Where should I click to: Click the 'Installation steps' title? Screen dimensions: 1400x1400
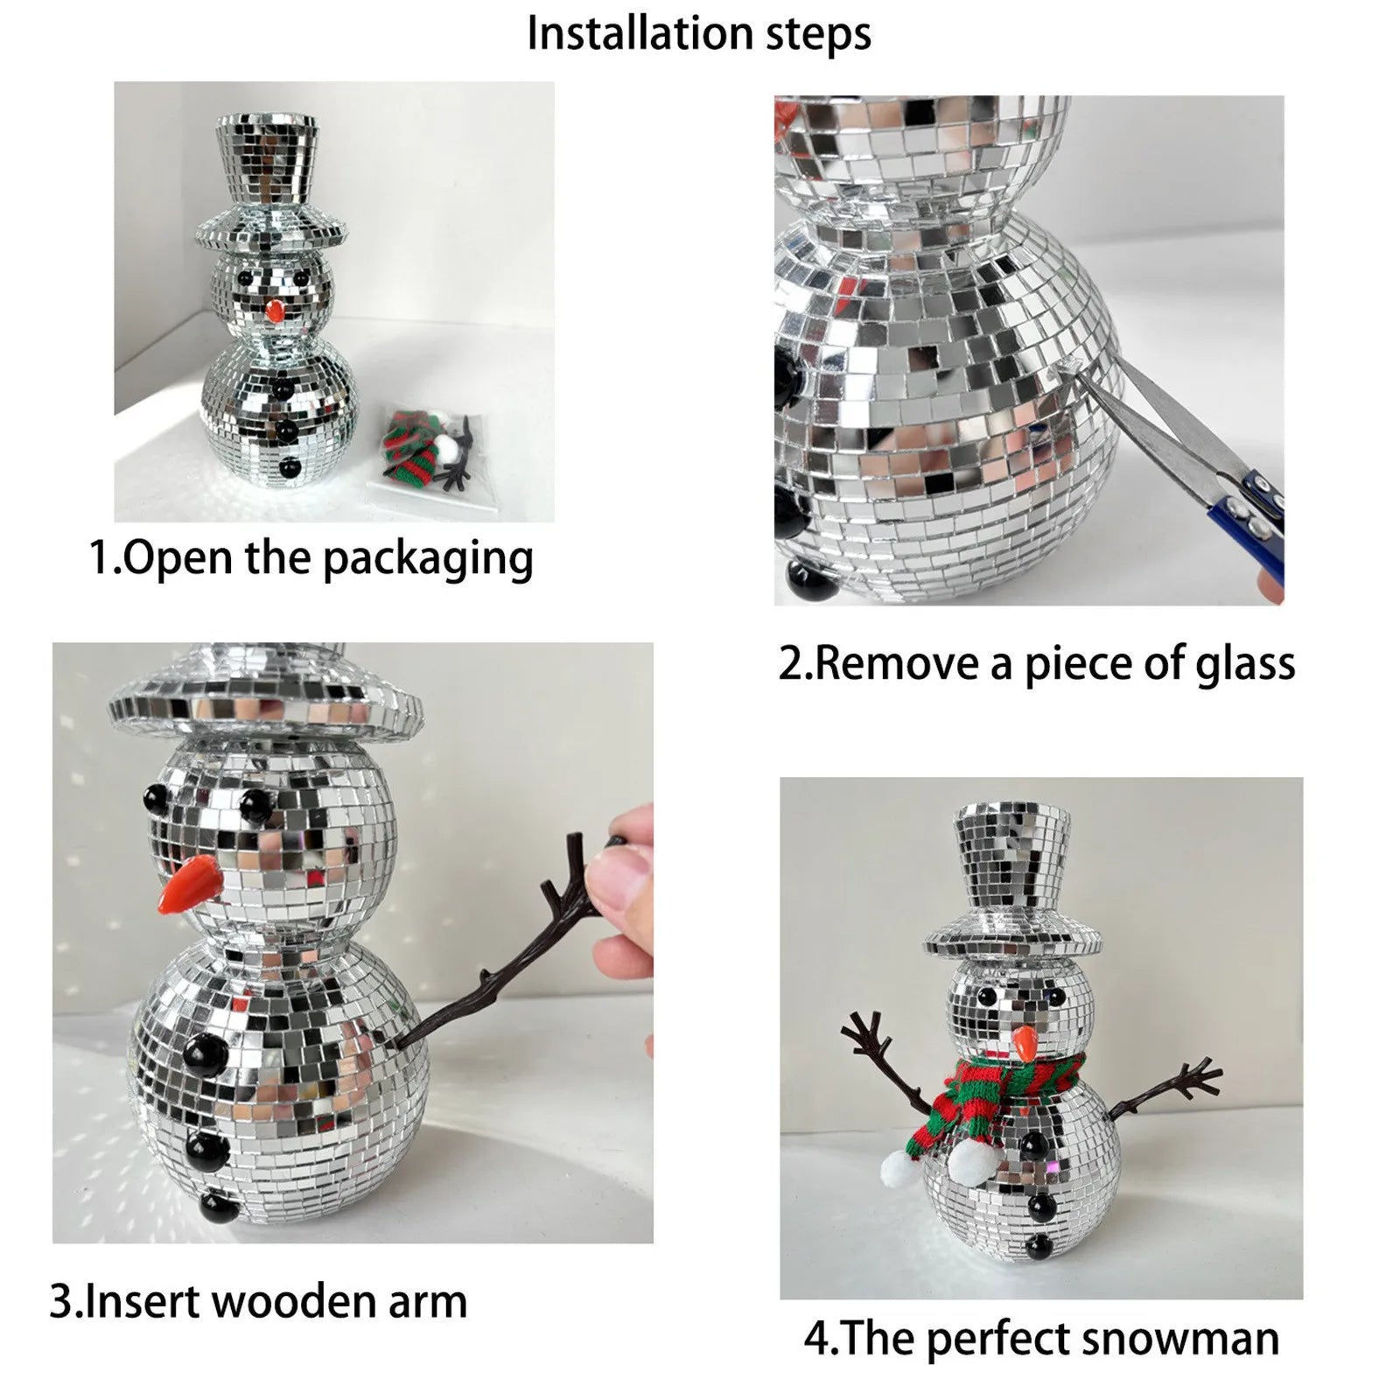[699, 35]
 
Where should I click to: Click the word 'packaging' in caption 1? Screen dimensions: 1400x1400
[428, 559]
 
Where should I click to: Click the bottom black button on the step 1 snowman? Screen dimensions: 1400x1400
[287, 470]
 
